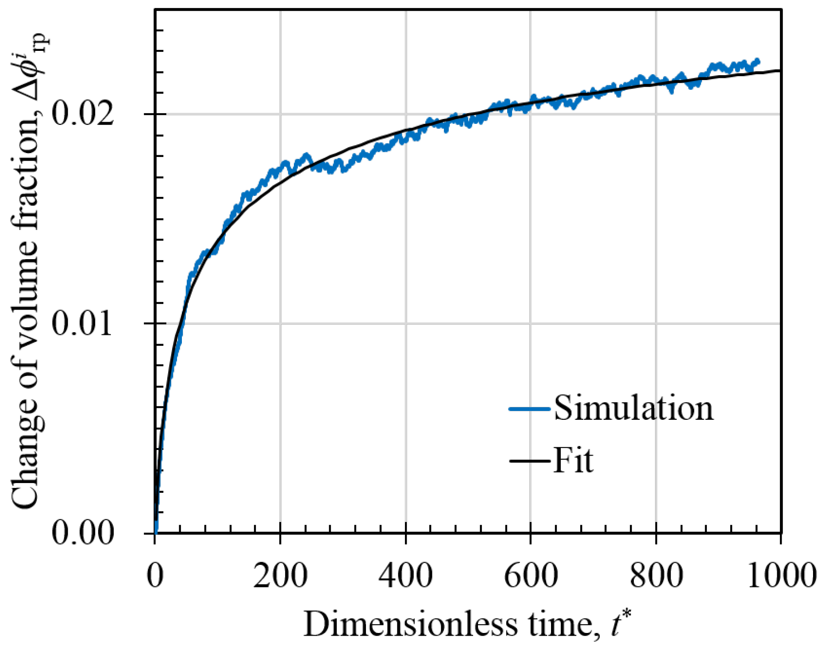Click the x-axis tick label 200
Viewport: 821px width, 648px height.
click(x=280, y=576)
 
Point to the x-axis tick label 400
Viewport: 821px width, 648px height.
click(x=405, y=576)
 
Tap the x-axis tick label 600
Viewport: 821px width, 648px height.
click(x=531, y=576)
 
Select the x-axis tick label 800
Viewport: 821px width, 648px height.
click(x=656, y=576)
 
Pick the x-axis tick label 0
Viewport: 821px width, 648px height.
click(x=155, y=576)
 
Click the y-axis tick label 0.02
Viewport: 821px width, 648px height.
click(x=83, y=114)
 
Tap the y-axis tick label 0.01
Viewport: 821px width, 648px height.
click(x=83, y=324)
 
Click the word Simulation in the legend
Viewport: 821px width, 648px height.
click(x=633, y=408)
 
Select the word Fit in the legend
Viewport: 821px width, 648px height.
click(x=573, y=461)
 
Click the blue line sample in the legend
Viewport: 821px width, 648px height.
click(x=529, y=409)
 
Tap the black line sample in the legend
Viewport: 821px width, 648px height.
click(x=529, y=461)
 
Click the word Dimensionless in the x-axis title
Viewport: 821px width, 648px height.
click(x=410, y=625)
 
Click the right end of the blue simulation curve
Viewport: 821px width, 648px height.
click(x=758, y=61)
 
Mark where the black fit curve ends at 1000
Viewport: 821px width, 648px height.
click(x=780, y=71)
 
